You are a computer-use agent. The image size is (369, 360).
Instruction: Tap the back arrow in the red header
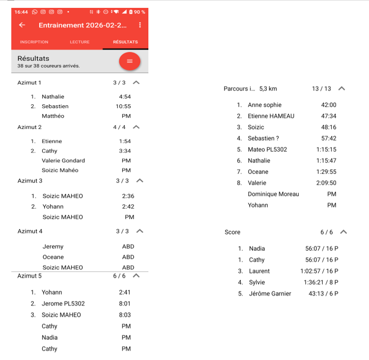22,25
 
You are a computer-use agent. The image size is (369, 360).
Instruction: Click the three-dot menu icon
140,25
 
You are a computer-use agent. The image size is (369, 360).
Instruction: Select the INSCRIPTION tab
34,42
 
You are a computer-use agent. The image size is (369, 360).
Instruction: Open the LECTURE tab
80,42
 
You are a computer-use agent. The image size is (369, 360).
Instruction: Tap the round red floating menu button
130,61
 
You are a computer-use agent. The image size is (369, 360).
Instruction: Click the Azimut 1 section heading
29,83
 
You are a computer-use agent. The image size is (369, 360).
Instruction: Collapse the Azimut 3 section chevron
140,180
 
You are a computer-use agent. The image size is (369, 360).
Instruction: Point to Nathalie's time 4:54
125,97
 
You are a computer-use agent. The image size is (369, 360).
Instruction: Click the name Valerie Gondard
63,160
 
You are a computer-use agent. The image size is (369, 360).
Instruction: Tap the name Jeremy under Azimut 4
53,247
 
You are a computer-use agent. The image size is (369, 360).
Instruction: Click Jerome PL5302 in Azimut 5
63,303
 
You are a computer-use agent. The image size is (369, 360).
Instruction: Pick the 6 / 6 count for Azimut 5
119,276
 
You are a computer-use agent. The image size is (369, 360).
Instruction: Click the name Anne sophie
265,105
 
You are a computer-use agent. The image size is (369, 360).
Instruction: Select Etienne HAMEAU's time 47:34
329,116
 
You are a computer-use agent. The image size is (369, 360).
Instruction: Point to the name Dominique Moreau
273,194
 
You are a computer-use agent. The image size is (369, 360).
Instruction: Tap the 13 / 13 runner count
321,89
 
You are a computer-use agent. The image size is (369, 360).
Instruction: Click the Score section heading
232,232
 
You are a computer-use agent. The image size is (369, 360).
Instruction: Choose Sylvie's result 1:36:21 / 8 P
321,282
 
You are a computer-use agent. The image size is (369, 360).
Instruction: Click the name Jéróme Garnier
270,294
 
